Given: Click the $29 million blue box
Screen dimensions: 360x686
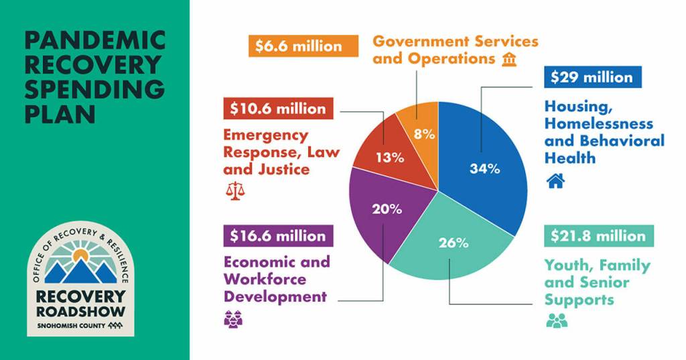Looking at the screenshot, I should tap(592, 77).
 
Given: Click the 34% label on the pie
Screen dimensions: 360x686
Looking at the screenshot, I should tap(484, 169).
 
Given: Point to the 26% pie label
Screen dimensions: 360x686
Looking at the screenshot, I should tap(453, 243).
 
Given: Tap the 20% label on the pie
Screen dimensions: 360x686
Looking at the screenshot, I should tap(387, 208).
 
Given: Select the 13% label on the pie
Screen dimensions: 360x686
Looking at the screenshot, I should tap(389, 158).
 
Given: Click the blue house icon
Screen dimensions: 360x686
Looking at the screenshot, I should tap(555, 180).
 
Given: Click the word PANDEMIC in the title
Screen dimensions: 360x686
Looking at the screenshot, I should tap(94, 41).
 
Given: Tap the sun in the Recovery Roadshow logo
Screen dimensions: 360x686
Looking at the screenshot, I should tap(81, 255).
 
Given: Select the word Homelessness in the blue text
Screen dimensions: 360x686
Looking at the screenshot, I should tap(598, 124).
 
